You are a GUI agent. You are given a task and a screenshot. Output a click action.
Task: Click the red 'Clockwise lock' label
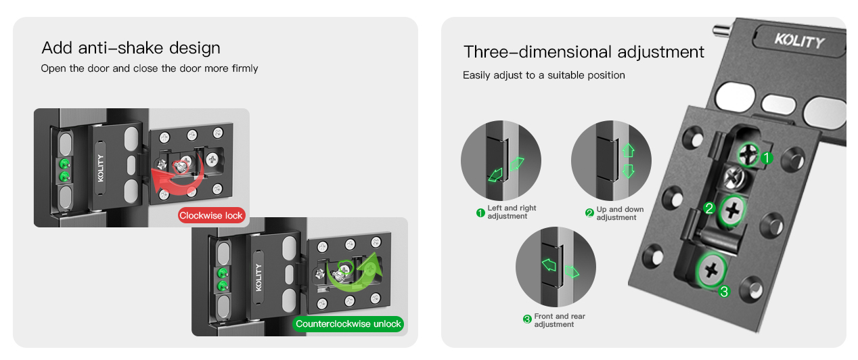click(211, 216)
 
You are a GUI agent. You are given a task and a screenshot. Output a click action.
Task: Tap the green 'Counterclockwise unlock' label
click(348, 324)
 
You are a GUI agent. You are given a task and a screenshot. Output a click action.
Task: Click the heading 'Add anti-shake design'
click(131, 48)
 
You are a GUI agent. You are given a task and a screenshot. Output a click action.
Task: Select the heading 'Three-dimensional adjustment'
click(584, 51)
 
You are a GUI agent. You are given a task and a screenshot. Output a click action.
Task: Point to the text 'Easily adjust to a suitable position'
click(544, 75)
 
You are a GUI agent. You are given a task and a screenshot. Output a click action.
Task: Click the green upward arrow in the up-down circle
click(628, 150)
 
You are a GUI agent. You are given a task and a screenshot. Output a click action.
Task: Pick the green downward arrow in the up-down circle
click(628, 171)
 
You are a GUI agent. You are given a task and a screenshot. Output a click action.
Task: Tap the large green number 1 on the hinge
click(767, 158)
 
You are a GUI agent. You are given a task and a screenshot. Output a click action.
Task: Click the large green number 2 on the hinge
click(709, 208)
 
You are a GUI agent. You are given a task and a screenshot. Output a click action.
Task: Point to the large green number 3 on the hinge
click(724, 292)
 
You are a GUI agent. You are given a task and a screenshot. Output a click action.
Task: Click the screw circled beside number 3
click(711, 270)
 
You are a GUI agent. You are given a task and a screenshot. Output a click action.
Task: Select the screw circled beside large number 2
click(731, 210)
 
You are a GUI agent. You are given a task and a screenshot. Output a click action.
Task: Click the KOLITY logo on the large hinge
click(799, 41)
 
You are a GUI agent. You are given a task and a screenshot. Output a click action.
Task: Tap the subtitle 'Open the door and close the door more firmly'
click(150, 68)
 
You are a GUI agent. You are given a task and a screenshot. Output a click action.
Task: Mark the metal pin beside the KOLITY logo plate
click(723, 30)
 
